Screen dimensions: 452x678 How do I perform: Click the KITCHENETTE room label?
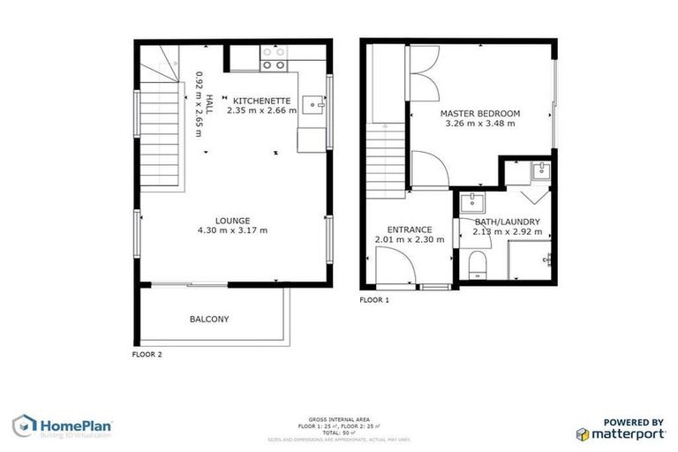click(x=260, y=101)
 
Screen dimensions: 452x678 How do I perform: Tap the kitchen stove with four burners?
click(x=274, y=58)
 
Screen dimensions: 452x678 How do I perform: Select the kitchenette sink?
click(x=313, y=106)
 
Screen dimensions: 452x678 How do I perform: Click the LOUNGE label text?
click(x=233, y=221)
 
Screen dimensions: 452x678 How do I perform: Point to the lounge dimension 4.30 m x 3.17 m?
click(x=233, y=230)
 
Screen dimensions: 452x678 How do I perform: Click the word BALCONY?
click(x=209, y=319)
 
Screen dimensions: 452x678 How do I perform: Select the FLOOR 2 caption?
click(x=147, y=355)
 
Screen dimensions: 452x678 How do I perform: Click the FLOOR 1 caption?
click(x=374, y=300)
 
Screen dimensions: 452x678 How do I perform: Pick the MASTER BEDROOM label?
click(x=480, y=113)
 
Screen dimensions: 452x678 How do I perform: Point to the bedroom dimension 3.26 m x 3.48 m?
click(x=480, y=124)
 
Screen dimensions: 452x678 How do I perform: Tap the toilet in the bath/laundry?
click(x=478, y=263)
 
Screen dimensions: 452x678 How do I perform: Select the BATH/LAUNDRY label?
click(x=508, y=222)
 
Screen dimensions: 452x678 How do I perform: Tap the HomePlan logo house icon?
click(x=24, y=426)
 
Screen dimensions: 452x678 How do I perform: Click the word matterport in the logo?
click(x=628, y=433)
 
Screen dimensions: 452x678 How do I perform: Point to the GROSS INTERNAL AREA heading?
click(x=339, y=418)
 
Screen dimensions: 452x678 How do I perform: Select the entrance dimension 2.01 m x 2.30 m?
click(x=410, y=239)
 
